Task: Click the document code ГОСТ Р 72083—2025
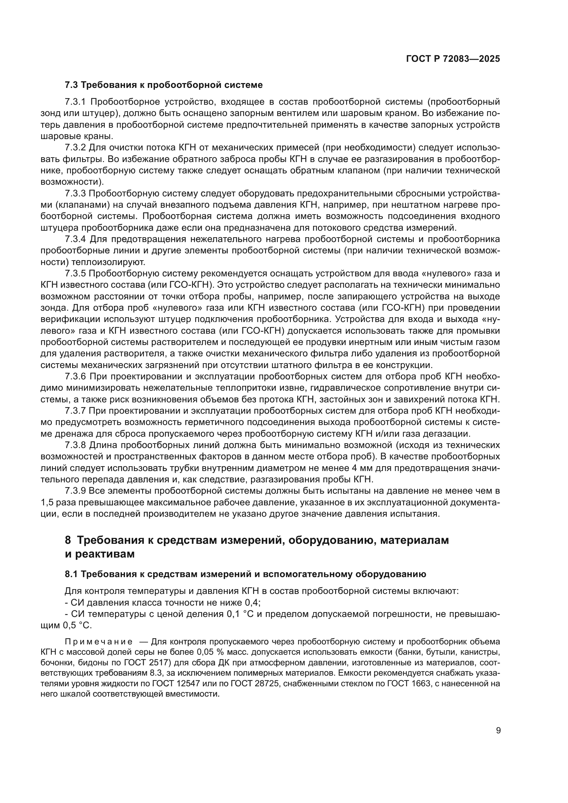click(x=453, y=59)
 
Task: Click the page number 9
click(x=498, y=730)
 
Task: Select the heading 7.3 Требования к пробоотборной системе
click(x=164, y=85)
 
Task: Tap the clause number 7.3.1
click(x=75, y=102)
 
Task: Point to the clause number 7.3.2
click(x=75, y=148)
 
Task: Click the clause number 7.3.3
click(x=75, y=193)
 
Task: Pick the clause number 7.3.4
click(x=75, y=239)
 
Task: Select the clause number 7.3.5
click(x=75, y=273)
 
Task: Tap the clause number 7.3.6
click(x=75, y=376)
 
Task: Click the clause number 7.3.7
click(x=75, y=411)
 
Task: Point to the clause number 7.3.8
click(x=75, y=445)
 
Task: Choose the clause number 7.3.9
click(x=75, y=491)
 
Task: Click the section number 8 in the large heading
click(x=68, y=540)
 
